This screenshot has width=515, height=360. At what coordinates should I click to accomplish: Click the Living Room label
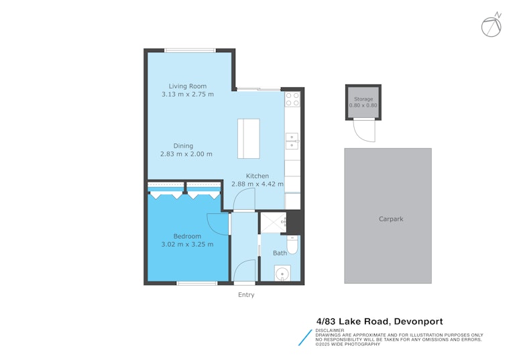[188, 86]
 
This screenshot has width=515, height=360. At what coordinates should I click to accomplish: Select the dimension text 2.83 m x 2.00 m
[186, 154]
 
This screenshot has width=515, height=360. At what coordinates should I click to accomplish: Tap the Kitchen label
[257, 176]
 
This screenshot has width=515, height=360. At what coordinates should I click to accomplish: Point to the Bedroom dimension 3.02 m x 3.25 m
[187, 244]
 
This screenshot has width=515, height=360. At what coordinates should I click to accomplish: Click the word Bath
[280, 253]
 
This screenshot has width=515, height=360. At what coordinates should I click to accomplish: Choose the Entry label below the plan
[246, 294]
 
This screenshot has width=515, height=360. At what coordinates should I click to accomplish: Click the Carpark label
[391, 219]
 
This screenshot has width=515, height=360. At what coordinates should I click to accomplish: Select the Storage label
[363, 99]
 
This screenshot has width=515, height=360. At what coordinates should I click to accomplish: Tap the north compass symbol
[492, 25]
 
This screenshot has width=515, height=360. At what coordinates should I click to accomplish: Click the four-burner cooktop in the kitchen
[292, 99]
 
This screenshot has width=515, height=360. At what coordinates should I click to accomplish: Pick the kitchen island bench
[249, 139]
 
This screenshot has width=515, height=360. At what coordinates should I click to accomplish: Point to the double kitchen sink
[292, 141]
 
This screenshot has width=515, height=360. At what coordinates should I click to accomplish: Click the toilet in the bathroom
[292, 245]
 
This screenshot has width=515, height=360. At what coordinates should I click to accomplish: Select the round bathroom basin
[282, 274]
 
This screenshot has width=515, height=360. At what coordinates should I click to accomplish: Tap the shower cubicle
[274, 223]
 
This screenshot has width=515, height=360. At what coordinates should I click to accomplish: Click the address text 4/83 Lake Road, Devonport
[380, 321]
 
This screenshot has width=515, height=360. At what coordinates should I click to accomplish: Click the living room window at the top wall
[190, 50]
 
